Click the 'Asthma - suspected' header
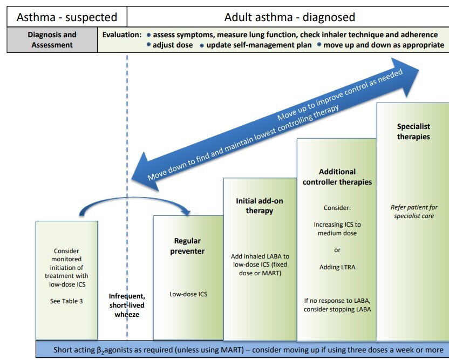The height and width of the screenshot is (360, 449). pyautogui.click(x=67, y=17)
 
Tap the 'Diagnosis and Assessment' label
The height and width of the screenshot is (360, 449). pyautogui.click(x=52, y=39)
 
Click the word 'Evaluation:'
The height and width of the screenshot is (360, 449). pyautogui.click(x=122, y=35)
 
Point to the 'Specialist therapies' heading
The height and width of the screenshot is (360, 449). pyautogui.click(x=413, y=132)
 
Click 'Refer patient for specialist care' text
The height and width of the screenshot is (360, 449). pyautogui.click(x=413, y=212)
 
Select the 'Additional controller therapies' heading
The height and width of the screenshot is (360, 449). pyautogui.click(x=337, y=177)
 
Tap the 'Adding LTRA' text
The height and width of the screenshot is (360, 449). pyautogui.click(x=337, y=267)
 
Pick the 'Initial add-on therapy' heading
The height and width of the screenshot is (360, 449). pyautogui.click(x=260, y=206)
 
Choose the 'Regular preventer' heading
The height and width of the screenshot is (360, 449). pyautogui.click(x=188, y=246)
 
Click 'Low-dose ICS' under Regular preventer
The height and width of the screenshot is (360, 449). pyautogui.click(x=188, y=294)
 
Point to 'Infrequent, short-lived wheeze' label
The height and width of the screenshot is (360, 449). pyautogui.click(x=127, y=305)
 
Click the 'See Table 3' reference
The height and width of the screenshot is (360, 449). pyautogui.click(x=66, y=301)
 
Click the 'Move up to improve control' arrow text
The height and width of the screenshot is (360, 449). pyautogui.click(x=340, y=96)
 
